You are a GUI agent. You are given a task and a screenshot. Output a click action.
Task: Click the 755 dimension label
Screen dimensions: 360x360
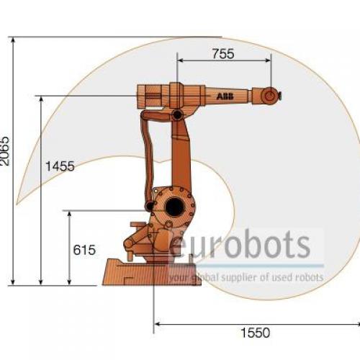click(223, 53)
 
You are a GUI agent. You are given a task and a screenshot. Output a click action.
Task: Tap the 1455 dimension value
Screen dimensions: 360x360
click(60, 166)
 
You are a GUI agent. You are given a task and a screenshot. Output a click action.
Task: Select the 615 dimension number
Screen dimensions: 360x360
click(84, 250)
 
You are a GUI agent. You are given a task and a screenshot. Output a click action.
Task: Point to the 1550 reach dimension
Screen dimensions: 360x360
click(255, 333)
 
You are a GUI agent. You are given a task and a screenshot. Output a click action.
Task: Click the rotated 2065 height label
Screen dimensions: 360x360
click(5, 151)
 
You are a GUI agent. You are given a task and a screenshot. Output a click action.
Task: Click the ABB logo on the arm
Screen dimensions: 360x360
click(225, 96)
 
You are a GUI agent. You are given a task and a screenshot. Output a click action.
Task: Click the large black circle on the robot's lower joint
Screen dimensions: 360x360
click(175, 207)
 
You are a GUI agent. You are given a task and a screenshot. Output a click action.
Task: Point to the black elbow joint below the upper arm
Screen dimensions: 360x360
click(177, 115)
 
